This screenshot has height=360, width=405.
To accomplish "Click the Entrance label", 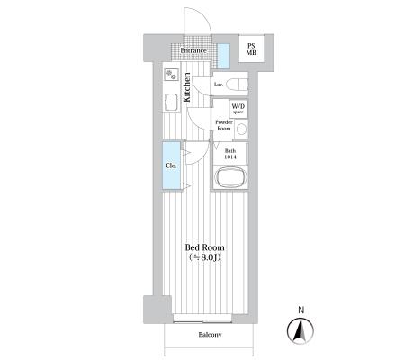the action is [193, 50].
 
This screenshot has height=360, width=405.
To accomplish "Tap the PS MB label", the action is [251, 49].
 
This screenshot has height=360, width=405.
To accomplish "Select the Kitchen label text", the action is [187, 87].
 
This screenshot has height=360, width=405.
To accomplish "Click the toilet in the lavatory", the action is [237, 85].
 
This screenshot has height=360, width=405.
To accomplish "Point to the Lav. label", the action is [218, 85].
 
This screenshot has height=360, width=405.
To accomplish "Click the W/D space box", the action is [238, 109].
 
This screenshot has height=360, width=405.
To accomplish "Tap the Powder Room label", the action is [224, 125].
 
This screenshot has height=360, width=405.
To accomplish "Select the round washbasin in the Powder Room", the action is [241, 130].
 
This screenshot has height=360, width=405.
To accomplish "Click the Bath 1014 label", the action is [230, 154].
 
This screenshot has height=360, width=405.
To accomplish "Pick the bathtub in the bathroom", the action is [231, 177].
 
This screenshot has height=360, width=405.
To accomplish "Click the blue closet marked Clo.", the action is [172, 166].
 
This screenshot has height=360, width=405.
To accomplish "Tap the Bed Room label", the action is [205, 247].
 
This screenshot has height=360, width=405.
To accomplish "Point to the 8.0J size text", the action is [205, 257].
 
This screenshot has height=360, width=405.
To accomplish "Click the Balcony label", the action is [210, 335].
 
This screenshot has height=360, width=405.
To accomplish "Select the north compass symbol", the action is [301, 331].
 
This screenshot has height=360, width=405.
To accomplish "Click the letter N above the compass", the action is [301, 310].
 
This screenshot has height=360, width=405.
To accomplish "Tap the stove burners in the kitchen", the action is [171, 74].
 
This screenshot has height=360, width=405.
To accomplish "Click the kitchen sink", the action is [171, 103].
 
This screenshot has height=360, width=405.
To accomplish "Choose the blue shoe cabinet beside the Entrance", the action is [223, 56].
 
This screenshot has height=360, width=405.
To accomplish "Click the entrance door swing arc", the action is [204, 14].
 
